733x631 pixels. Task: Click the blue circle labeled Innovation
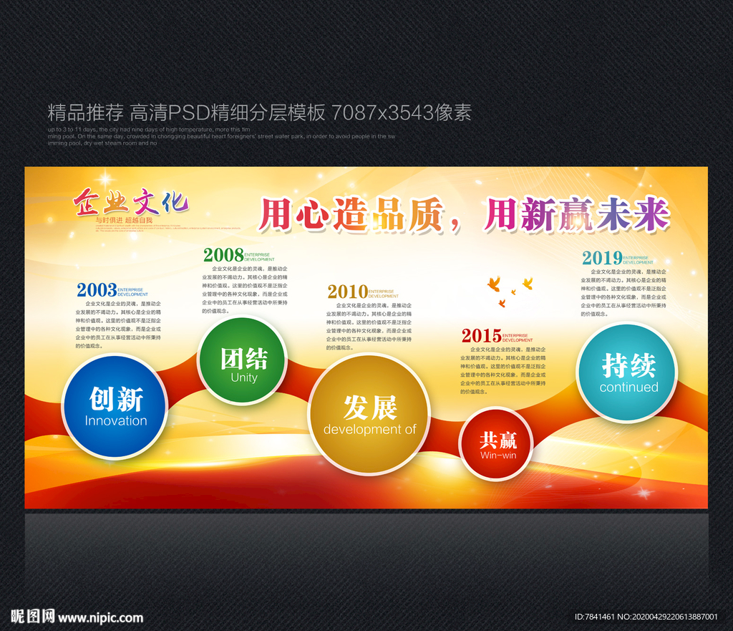click(115, 407)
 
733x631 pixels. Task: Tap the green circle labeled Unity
click(243, 361)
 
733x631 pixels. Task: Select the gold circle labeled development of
click(369, 413)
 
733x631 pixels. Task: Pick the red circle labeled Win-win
click(497, 444)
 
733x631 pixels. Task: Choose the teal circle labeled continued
click(627, 372)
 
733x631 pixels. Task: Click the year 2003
click(97, 290)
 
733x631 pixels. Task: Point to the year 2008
click(223, 254)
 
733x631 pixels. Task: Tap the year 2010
click(347, 292)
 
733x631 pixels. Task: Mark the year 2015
click(481, 335)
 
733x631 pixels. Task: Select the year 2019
click(601, 258)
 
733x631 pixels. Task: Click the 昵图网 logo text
click(33, 616)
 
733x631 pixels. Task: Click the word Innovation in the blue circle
click(115, 421)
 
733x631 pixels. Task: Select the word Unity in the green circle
click(243, 377)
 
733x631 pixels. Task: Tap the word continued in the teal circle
click(628, 387)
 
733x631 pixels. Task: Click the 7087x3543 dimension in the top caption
click(373, 112)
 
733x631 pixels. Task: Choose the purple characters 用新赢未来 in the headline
click(576, 213)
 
